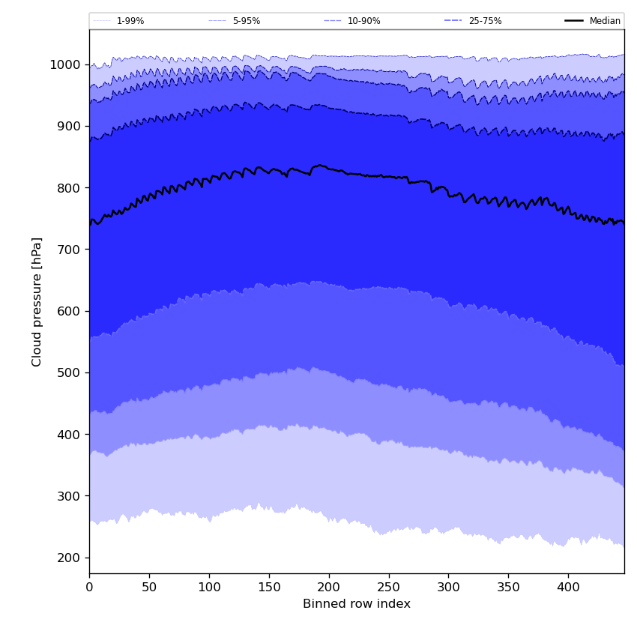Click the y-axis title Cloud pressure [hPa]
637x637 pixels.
[37, 301]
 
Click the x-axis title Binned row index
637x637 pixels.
[357, 604]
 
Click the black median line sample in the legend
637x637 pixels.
[575, 21]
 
